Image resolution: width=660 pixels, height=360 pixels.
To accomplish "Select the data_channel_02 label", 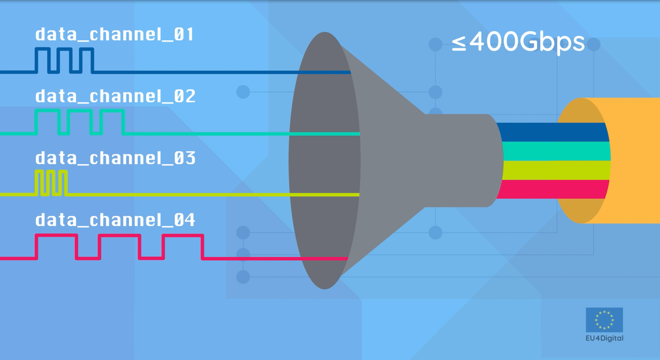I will pos(115,97).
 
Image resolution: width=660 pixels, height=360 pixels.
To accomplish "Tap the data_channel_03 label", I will pos(115,158).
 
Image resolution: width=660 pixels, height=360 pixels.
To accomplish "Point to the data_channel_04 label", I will pos(115,220).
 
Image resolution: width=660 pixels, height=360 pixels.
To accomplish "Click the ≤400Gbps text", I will pos(518,42).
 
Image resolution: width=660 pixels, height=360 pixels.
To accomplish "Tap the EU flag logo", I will pos(604,320).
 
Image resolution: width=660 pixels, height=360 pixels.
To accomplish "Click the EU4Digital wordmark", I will pos(604,338).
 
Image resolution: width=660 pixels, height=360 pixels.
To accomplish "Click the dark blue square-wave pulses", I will pos(64,60).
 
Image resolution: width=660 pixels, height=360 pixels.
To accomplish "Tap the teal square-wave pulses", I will pos(80,122).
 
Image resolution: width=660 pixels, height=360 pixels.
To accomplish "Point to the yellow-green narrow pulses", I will pos(51,183).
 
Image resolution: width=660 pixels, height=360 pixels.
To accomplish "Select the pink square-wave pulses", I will pos(119,247).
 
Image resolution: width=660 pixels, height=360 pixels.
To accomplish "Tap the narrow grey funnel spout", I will pos(462,161).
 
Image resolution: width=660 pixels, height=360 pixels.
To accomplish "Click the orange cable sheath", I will pos(634,161).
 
